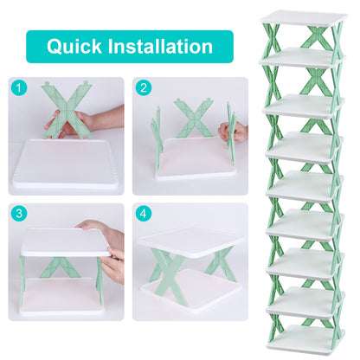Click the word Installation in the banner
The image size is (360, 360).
tap(164, 47)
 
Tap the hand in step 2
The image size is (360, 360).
tap(232, 132)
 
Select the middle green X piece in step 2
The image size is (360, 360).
tap(192, 118)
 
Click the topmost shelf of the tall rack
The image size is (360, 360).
tap(304, 17)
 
